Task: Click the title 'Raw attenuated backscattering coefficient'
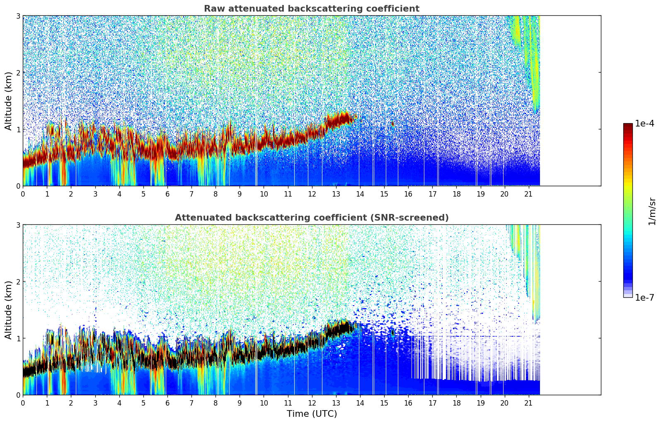[x=311, y=9]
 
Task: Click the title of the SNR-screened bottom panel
[x=311, y=218]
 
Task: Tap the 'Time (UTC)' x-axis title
[x=312, y=413]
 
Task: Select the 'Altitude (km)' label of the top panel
[x=8, y=101]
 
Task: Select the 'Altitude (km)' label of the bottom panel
[x=8, y=310]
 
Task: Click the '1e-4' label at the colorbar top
[x=644, y=124]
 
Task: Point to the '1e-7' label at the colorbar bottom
[x=644, y=297]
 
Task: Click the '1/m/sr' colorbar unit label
[x=652, y=211]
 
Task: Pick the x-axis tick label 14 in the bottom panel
[x=360, y=403]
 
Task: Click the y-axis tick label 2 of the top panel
[x=18, y=73]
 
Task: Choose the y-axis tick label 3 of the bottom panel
[x=18, y=225]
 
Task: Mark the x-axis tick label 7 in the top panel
[x=191, y=194]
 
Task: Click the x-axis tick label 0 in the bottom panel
[x=23, y=403]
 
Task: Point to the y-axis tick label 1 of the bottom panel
[x=18, y=338]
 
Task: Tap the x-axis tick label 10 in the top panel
[x=264, y=194]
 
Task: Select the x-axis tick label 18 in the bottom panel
[x=456, y=403]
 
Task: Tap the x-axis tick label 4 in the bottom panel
[x=119, y=403]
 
